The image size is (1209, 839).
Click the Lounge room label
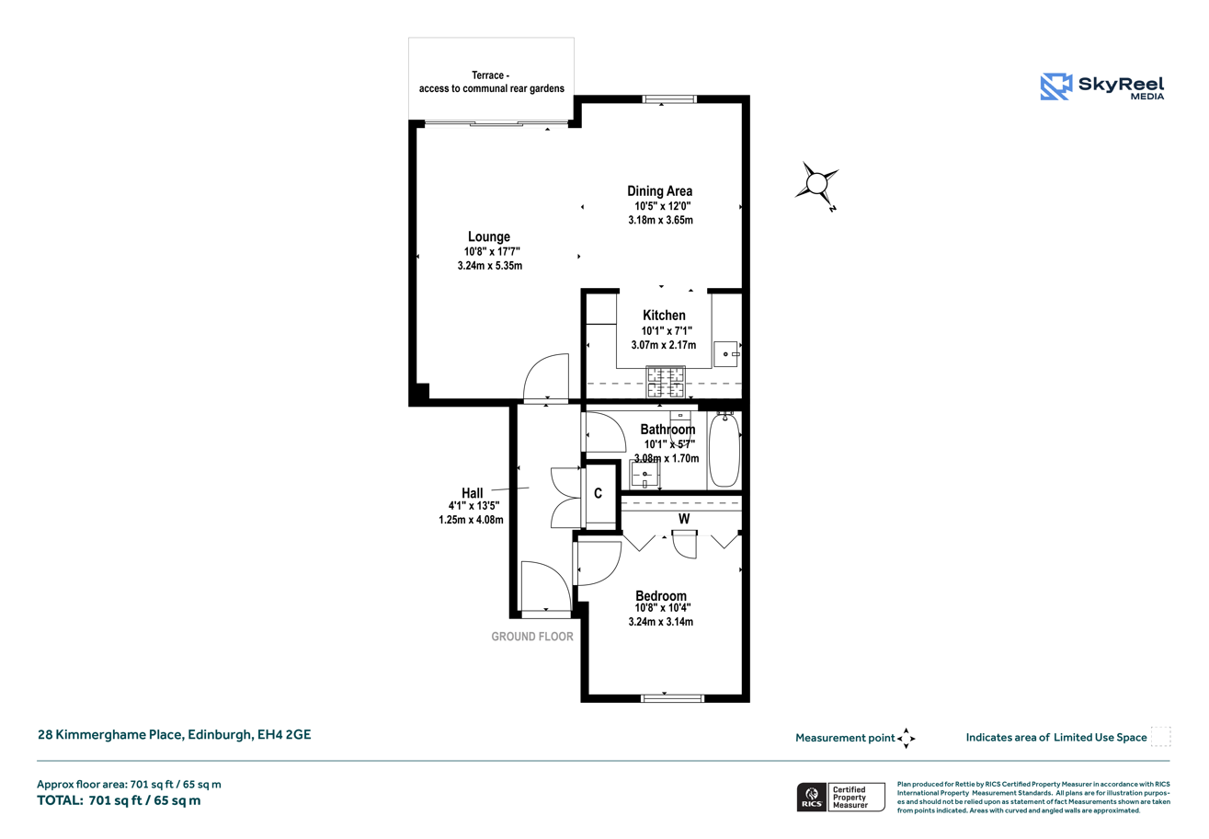pyautogui.click(x=488, y=236)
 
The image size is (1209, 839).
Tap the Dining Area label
pyautogui.click(x=659, y=191)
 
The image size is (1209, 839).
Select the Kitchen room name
pyautogui.click(x=664, y=316)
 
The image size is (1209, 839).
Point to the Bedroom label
pyautogui.click(x=661, y=596)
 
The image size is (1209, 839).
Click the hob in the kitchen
pyautogui.click(x=666, y=382)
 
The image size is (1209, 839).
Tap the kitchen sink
pyautogui.click(x=726, y=354)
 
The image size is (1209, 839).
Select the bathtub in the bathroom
pyautogui.click(x=724, y=450)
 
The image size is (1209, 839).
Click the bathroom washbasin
pyautogui.click(x=644, y=475)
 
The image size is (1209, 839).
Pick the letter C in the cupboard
pyautogui.click(x=598, y=493)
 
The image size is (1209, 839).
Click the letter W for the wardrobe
pyautogui.click(x=684, y=519)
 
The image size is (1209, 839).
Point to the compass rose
pyautogui.click(x=816, y=184)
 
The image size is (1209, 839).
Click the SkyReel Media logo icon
pyautogui.click(x=1056, y=86)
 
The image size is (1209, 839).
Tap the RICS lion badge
pyautogui.click(x=812, y=797)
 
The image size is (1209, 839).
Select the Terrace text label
pyautogui.click(x=491, y=82)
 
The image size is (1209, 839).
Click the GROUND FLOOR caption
pyautogui.click(x=532, y=638)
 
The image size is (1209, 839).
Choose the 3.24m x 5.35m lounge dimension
pyautogui.click(x=489, y=266)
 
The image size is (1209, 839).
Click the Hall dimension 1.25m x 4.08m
pyautogui.click(x=471, y=520)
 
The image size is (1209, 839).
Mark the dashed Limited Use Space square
pyautogui.click(x=1160, y=736)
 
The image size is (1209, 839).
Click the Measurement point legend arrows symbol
pyautogui.click(x=907, y=738)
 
